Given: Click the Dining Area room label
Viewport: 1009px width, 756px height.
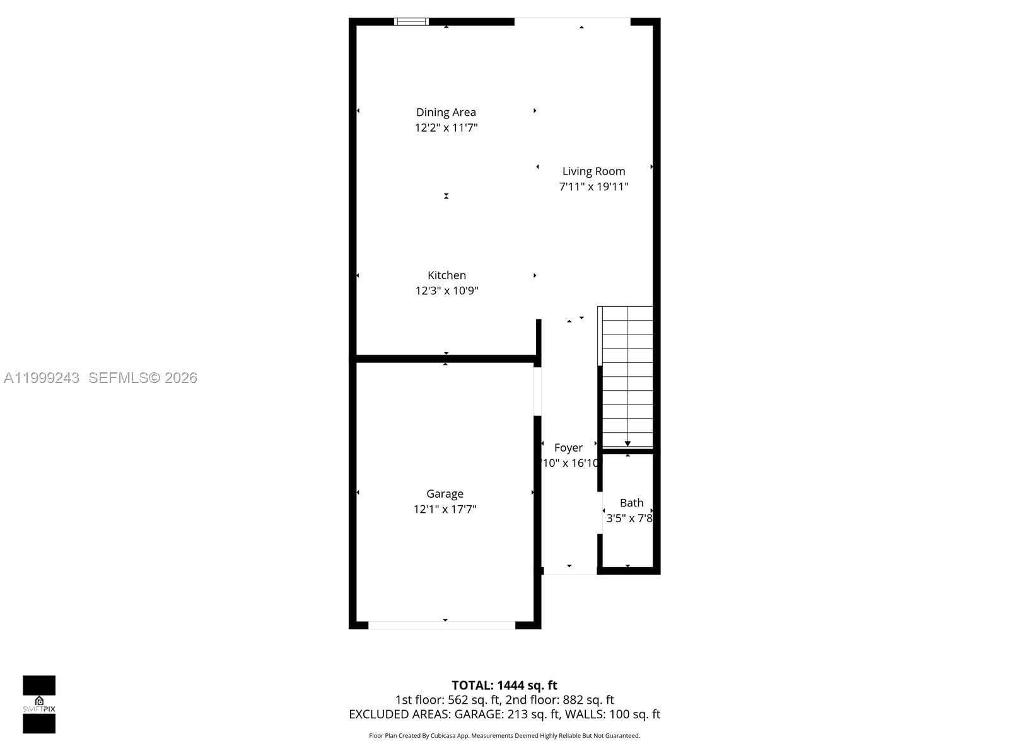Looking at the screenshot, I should click(x=446, y=112).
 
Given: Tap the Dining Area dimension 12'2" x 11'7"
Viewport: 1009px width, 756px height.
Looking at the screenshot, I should click(x=446, y=128).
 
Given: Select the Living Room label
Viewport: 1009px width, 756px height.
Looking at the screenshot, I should click(x=593, y=171).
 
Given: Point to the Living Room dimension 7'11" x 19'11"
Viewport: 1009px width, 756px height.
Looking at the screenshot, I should click(x=593, y=186).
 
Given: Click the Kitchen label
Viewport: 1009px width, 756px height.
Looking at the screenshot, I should click(x=446, y=275).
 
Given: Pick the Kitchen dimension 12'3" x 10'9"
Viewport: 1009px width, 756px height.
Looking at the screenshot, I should click(x=446, y=291).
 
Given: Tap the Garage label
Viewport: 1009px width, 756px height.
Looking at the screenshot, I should click(x=445, y=494).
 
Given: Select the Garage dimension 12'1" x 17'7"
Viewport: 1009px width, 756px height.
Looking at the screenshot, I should click(x=445, y=509).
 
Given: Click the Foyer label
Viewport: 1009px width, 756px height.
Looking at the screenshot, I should click(x=568, y=448).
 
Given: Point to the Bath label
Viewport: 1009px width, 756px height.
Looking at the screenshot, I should click(x=631, y=503).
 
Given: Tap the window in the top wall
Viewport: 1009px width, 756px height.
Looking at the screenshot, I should click(x=411, y=22).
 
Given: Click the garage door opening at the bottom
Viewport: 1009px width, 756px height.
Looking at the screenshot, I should click(x=441, y=625).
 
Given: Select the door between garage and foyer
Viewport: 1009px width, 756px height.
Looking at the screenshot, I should click(x=537, y=391).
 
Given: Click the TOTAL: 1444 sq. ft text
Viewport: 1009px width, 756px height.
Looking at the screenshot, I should click(x=504, y=685).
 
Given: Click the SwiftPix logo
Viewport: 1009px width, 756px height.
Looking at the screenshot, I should click(x=39, y=704).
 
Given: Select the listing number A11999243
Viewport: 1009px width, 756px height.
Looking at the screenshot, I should click(x=42, y=378).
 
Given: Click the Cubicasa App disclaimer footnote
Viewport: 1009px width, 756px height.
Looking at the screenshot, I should click(x=504, y=736).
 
